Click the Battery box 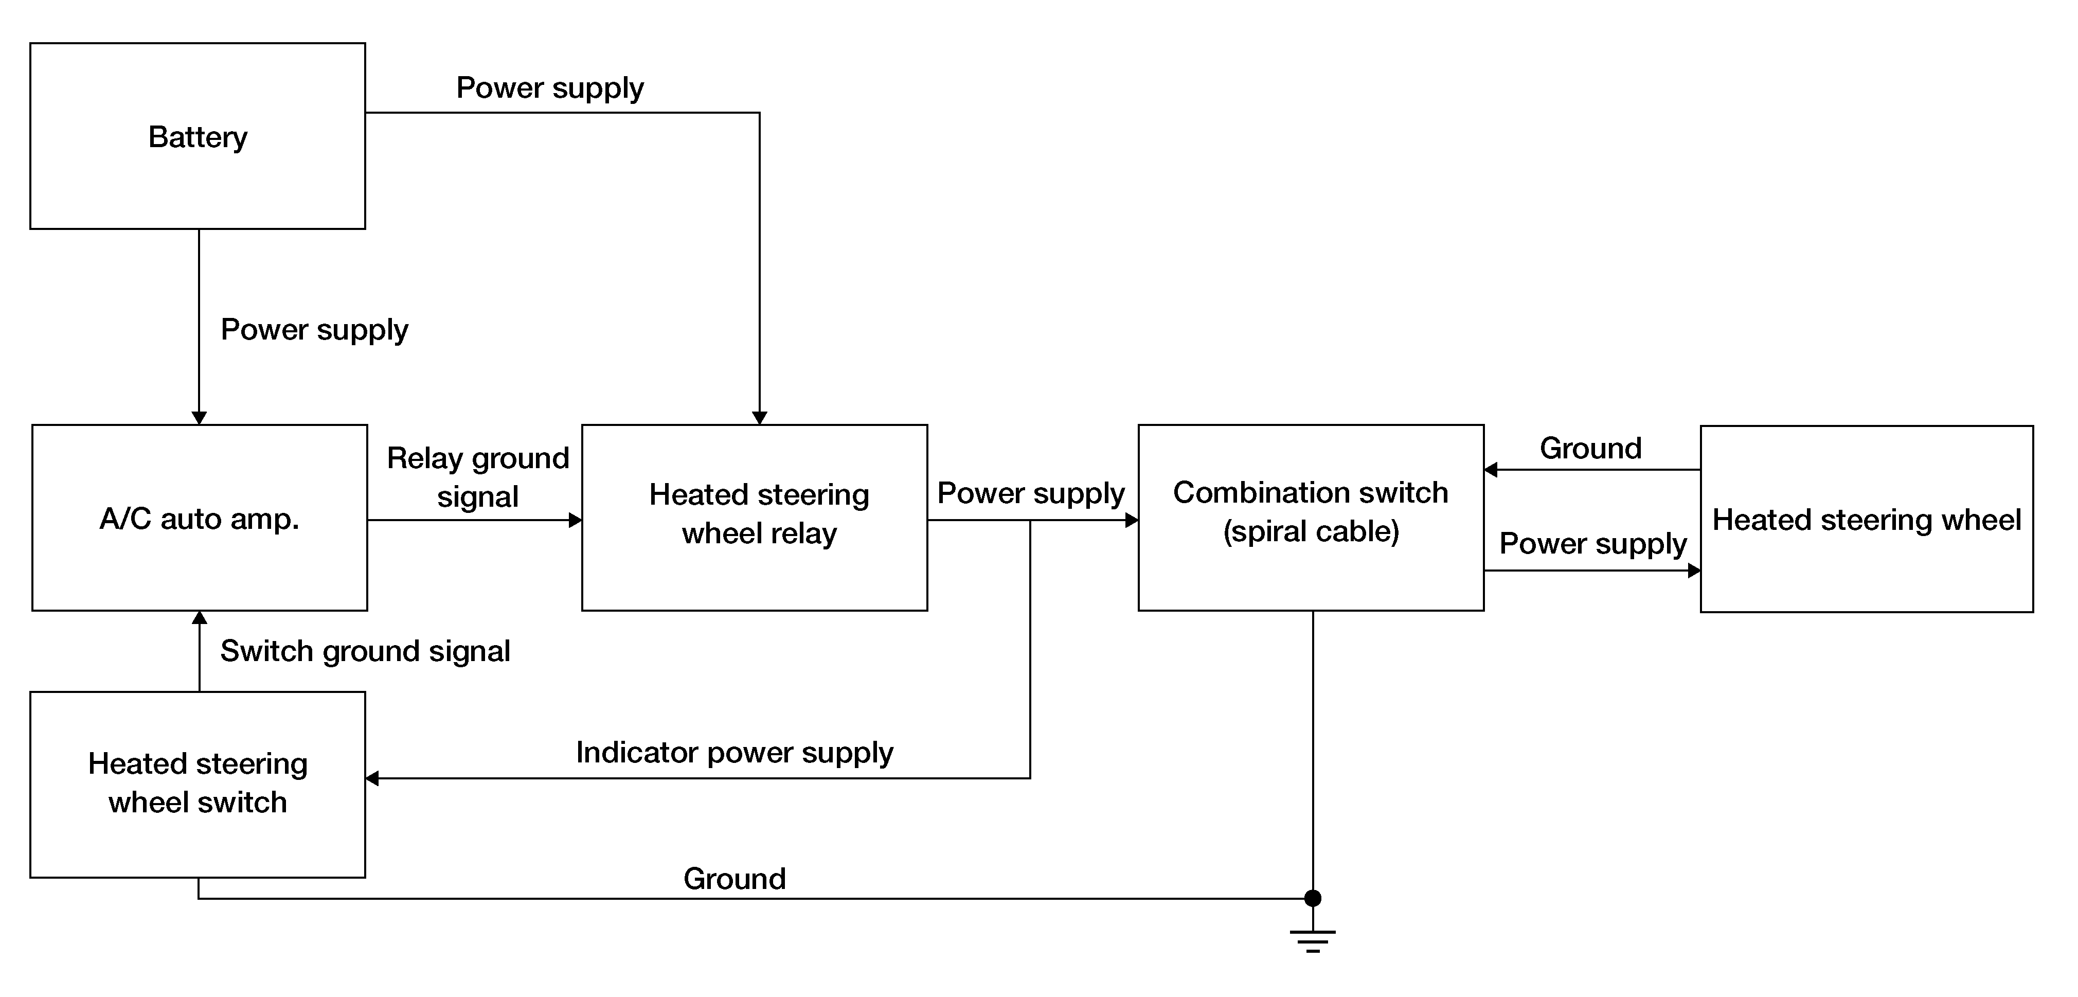(198, 136)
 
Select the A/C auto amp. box (199, 518)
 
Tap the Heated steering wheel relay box (754, 518)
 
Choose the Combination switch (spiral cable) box (1311, 518)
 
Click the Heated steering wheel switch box (198, 784)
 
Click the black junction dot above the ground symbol (1313, 898)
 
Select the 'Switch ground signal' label (365, 651)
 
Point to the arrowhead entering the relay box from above (759, 418)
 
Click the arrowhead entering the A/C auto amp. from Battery (199, 418)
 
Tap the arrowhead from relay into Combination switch (1131, 520)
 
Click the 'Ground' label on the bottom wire (734, 879)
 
